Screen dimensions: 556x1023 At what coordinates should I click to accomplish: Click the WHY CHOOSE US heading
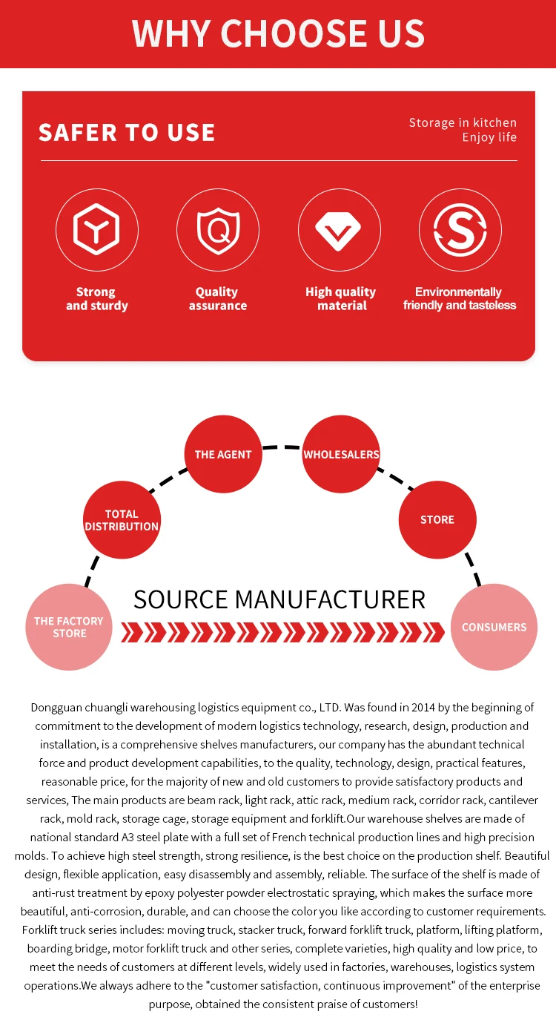[278, 33]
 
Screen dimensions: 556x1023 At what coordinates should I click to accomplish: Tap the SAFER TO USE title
[127, 133]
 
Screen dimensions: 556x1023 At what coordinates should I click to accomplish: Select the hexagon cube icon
[96, 229]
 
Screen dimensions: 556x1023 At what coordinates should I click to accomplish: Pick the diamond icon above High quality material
[338, 231]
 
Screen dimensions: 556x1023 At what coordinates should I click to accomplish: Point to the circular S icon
[460, 230]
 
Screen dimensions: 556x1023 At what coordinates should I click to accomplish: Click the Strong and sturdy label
[97, 299]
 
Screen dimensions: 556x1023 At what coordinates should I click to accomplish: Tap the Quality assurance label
[218, 299]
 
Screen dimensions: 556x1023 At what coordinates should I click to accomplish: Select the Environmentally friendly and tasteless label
[459, 299]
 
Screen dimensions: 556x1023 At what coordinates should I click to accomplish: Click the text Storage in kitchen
[463, 122]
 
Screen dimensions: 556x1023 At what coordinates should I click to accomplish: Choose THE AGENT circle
[223, 454]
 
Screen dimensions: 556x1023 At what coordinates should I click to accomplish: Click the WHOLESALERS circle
[341, 454]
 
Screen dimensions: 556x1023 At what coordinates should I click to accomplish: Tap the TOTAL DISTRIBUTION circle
[122, 520]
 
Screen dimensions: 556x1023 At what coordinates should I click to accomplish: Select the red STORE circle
[437, 520]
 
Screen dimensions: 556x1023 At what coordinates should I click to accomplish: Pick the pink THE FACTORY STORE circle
[69, 627]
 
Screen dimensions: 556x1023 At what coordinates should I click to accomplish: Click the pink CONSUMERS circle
[494, 627]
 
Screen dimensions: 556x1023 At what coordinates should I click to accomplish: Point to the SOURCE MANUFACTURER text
[279, 599]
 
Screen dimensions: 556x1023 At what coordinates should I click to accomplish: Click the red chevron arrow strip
[282, 633]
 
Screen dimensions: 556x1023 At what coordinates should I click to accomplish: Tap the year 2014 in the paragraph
[423, 708]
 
